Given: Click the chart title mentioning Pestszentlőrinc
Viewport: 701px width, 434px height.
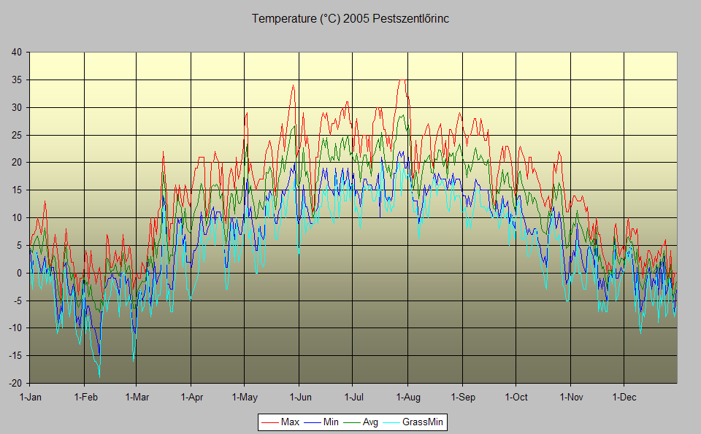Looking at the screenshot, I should coord(350,19).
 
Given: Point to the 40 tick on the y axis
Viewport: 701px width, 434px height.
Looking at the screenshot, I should coord(17,52).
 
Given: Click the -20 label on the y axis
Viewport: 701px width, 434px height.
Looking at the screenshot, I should coord(15,383).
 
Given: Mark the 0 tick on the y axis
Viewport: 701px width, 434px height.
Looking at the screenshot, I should coord(20,273).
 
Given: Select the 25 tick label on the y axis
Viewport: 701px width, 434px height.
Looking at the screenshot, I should coord(17,135).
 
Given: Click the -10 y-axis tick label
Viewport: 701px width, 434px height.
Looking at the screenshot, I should coord(15,328).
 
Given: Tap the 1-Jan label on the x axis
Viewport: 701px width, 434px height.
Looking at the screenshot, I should coord(31,398).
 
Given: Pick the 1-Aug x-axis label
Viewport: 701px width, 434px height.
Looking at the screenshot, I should coord(407,398).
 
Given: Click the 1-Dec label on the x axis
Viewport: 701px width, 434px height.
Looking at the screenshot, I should coord(624,398).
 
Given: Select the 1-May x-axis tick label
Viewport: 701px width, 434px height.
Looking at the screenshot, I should coord(245,398).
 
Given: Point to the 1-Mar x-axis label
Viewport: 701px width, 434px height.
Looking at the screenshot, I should coord(137,398).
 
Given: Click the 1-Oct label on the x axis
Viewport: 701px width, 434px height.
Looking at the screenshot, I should coord(516,398).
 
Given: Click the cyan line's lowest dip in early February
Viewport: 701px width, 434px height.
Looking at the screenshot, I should coord(99,376).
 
